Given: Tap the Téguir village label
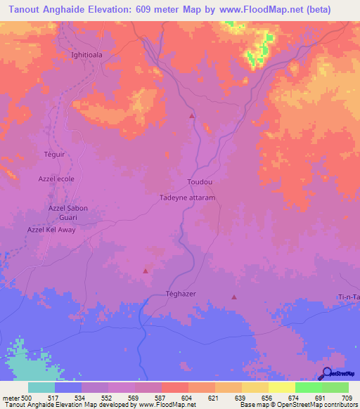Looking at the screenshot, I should coord(54,154).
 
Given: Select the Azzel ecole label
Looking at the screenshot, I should coord(56,179).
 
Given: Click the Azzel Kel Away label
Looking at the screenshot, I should coord(51,230).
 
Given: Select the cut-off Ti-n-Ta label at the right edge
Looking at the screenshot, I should coord(349,298).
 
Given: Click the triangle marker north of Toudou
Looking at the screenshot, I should coord(191,116).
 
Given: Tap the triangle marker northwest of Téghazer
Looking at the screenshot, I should coord(146,271).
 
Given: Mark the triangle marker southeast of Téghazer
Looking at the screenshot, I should coord(234,297).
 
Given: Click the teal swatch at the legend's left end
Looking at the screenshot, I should coord(41,387).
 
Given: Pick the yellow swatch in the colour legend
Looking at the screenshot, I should coord(281,387).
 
